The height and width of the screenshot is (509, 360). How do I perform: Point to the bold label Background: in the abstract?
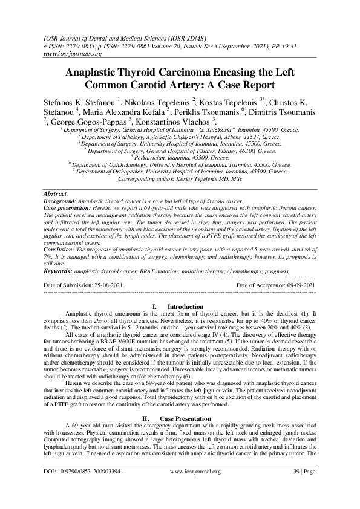(59, 200)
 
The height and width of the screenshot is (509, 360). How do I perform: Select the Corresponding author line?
(180, 180)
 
